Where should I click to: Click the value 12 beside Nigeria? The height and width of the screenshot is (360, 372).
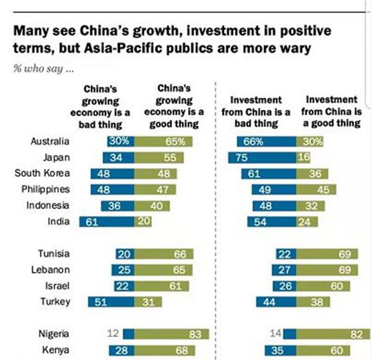pos(112,335)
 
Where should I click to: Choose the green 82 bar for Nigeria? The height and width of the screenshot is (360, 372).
pos(334,335)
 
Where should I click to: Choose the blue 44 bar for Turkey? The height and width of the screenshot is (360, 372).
pos(276,302)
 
